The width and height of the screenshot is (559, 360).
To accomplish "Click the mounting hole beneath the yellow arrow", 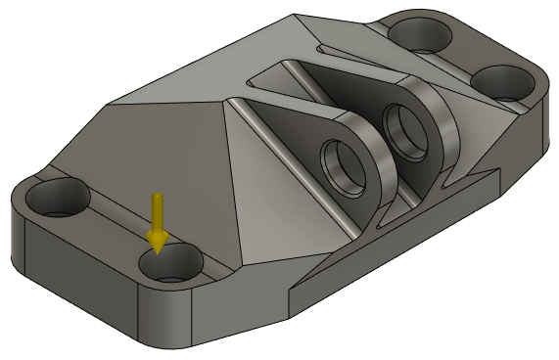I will click(169, 264).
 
